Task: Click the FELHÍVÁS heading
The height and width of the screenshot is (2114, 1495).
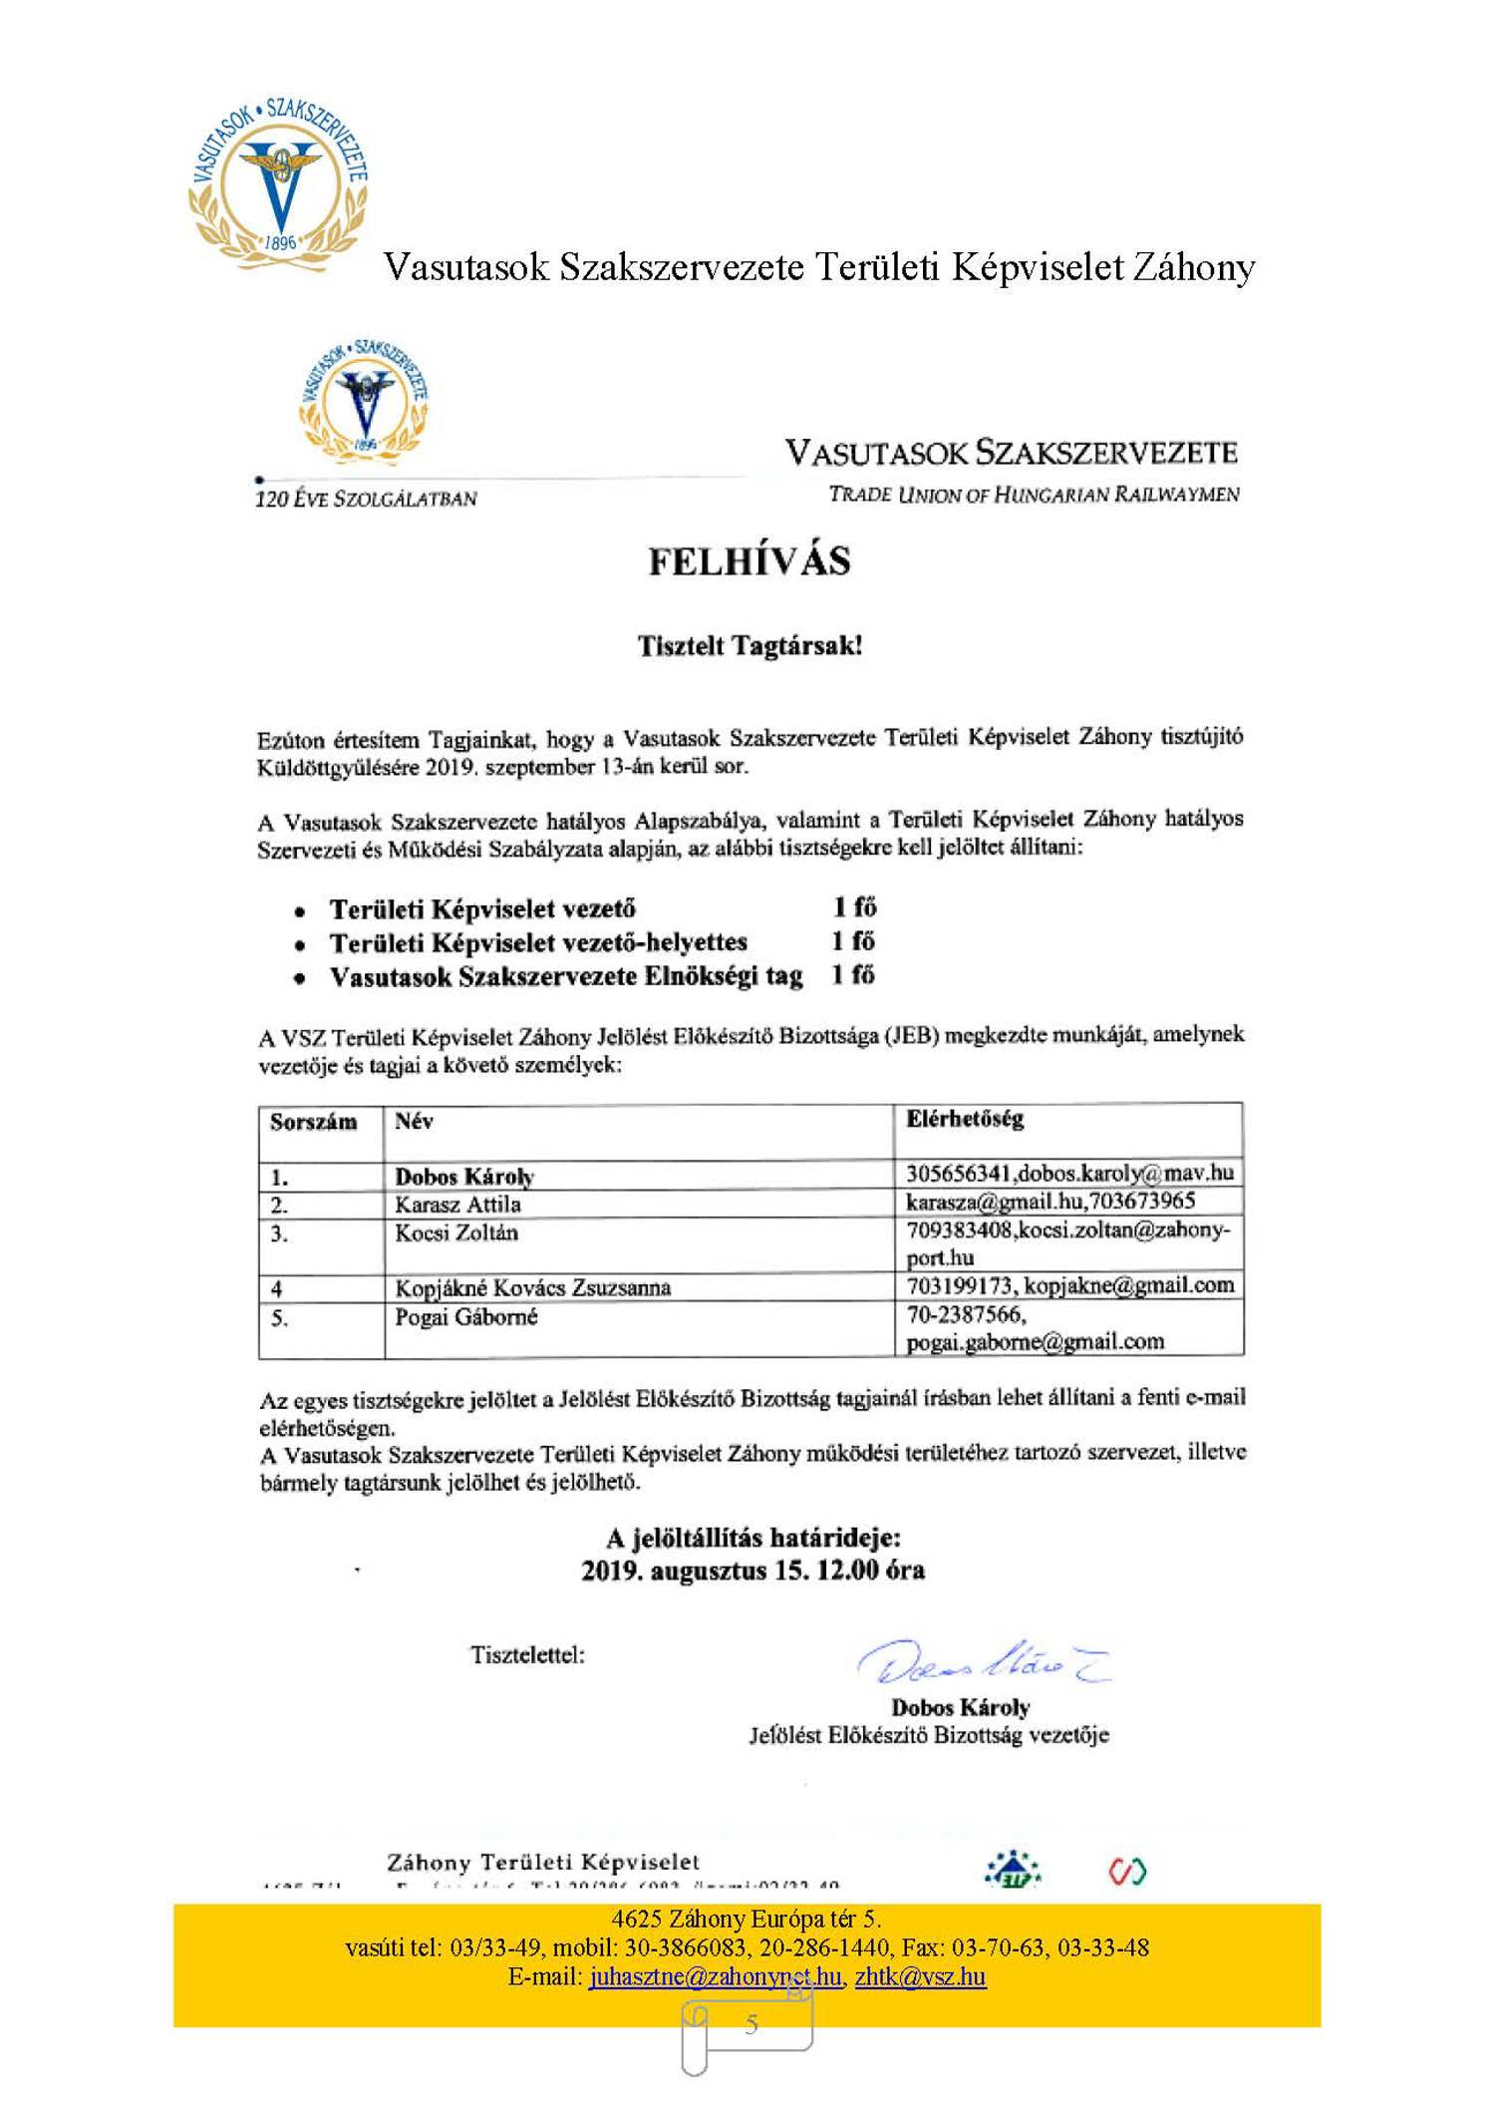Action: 749,560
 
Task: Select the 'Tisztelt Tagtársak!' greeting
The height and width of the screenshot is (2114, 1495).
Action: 749,645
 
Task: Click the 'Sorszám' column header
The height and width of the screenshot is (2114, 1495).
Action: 313,1122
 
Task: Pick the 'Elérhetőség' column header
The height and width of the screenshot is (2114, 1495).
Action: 964,1119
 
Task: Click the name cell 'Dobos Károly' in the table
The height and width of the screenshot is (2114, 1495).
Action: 464,1177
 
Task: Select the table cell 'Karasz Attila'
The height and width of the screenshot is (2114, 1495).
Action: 457,1205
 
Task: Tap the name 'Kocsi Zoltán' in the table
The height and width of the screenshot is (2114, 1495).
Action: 456,1233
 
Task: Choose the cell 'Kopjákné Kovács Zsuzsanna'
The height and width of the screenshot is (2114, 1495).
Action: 532,1288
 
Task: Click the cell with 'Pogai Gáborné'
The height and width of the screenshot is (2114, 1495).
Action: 465,1317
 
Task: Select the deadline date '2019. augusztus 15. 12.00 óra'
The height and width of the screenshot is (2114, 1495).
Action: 752,1571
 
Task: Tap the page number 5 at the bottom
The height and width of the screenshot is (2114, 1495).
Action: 750,2023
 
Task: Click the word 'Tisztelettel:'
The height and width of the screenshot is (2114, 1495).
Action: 527,1655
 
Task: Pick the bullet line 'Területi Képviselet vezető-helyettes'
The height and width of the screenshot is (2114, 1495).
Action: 538,942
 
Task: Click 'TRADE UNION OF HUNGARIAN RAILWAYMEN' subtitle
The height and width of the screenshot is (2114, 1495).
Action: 1034,495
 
